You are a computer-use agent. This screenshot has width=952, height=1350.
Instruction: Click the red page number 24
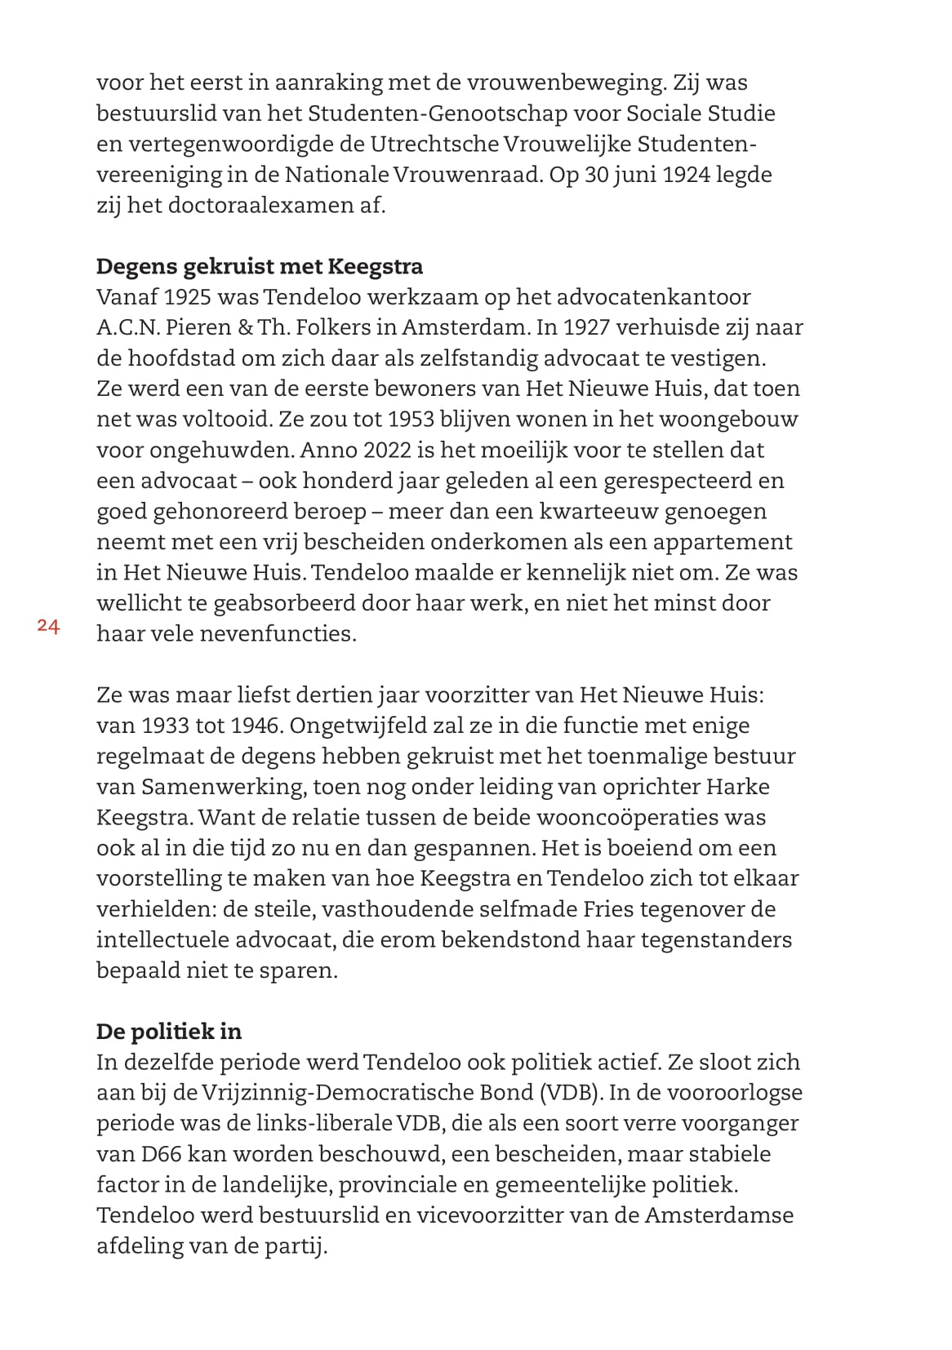tap(48, 626)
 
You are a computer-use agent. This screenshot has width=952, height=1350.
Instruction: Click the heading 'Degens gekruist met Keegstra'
tap(259, 267)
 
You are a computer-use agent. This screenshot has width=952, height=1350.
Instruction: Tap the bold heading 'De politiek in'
tap(169, 1031)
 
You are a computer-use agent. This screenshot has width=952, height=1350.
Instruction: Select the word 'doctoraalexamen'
tap(260, 205)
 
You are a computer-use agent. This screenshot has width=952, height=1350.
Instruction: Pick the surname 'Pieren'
tap(198, 328)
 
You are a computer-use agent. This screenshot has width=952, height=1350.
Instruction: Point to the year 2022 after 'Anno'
tap(389, 451)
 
